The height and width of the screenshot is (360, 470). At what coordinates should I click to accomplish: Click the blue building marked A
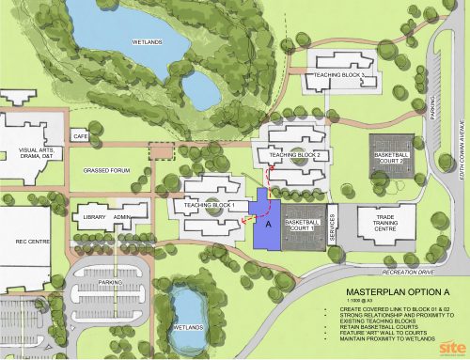269,226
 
